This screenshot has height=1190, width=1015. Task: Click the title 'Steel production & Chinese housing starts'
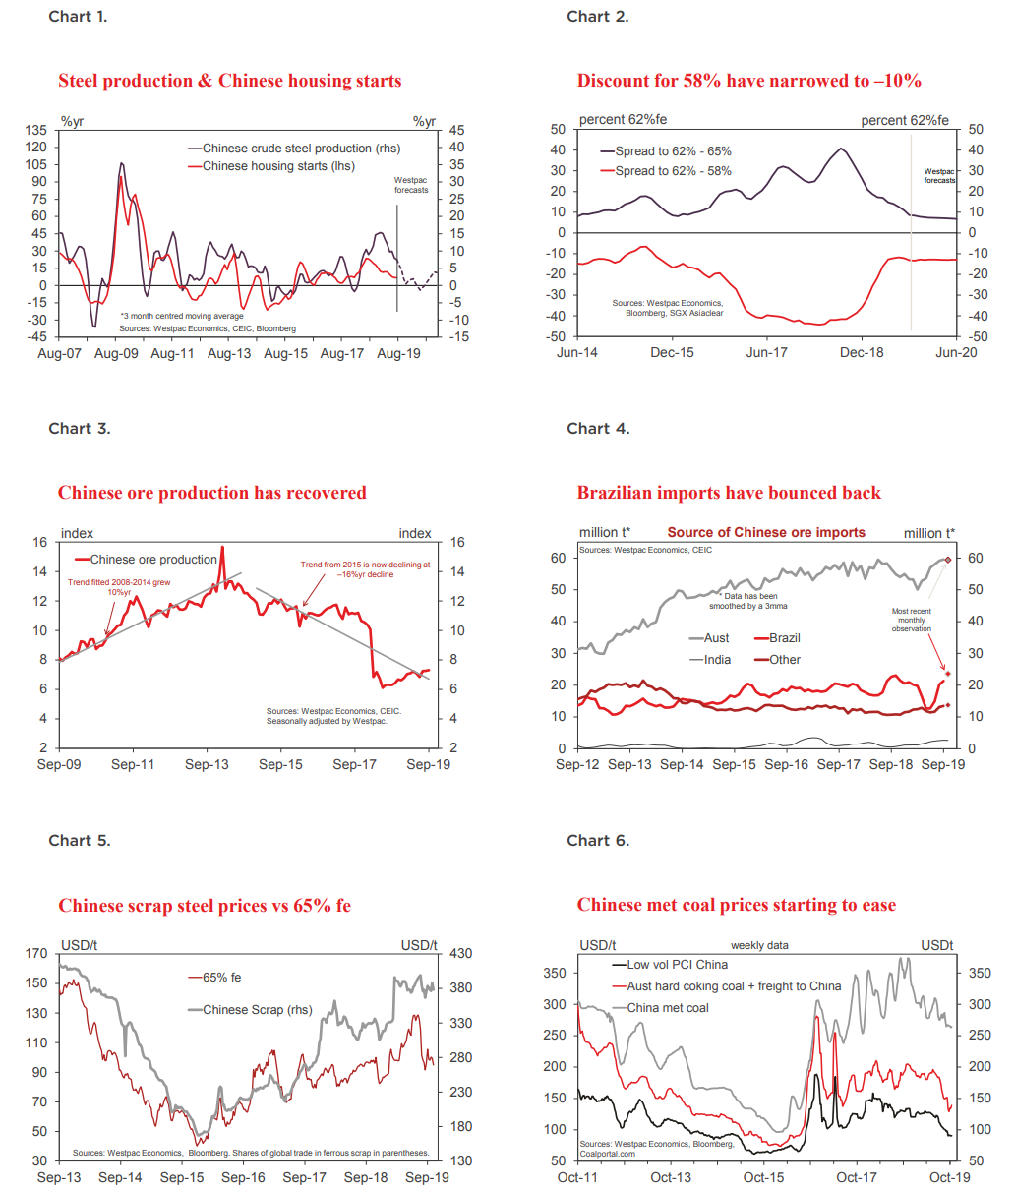(229, 81)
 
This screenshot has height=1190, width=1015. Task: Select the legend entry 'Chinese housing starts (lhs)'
(277, 166)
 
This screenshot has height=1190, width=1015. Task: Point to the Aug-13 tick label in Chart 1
(229, 353)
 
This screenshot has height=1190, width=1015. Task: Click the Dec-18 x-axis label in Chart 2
(862, 352)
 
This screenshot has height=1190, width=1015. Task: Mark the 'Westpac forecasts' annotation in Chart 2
(939, 176)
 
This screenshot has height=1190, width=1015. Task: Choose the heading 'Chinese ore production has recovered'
(211, 493)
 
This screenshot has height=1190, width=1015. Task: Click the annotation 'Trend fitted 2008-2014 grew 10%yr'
(119, 587)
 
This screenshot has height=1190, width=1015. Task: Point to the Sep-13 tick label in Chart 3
(207, 764)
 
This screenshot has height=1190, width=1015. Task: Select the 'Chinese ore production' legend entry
(152, 560)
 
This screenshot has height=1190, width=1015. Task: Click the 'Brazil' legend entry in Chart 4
(784, 638)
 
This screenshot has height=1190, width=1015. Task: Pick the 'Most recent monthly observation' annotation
(911, 620)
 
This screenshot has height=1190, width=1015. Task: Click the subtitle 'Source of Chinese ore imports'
(766, 533)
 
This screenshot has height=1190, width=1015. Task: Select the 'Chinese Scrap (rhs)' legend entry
(257, 1010)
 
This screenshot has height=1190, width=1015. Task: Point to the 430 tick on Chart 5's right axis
(460, 954)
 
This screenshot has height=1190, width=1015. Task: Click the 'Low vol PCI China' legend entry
(677, 965)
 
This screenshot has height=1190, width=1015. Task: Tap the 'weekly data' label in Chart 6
(759, 946)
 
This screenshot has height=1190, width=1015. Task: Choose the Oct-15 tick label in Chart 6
(763, 1177)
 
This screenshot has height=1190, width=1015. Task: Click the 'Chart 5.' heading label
(80, 841)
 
